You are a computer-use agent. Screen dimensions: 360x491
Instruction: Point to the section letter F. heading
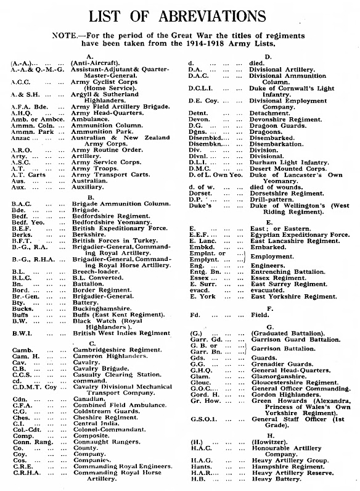(270, 308)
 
